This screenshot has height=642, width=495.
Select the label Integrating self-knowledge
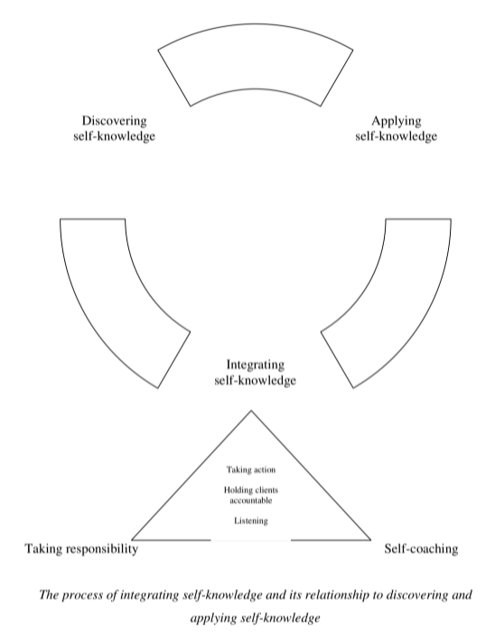pyautogui.click(x=256, y=373)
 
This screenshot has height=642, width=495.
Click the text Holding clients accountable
pyautogui.click(x=250, y=495)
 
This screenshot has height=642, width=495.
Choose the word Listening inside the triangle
pyautogui.click(x=250, y=521)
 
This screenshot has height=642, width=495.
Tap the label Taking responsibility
pyautogui.click(x=81, y=548)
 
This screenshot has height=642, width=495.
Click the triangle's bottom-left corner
pyautogui.click(x=133, y=539)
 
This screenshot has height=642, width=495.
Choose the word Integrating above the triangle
pyautogui.click(x=256, y=365)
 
